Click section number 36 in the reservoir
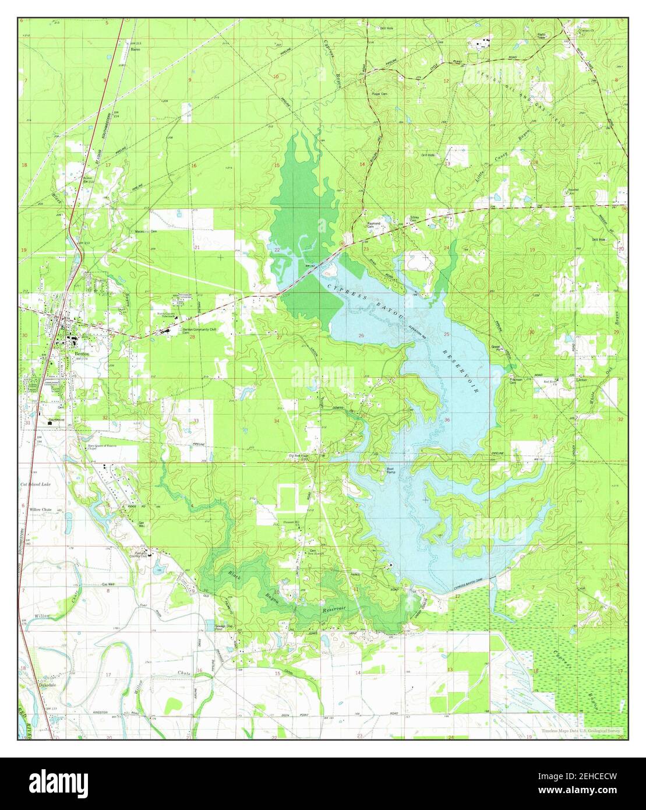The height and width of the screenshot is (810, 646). [x=447, y=420]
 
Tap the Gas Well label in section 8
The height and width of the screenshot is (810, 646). [x=108, y=584]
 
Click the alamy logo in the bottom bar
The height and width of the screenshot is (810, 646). [x=60, y=781]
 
